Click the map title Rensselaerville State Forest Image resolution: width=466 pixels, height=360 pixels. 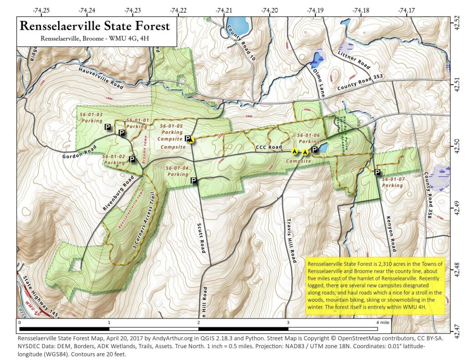(x=94, y=26)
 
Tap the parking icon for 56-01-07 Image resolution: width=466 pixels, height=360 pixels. (x=377, y=172)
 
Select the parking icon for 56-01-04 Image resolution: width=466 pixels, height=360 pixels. (x=193, y=181)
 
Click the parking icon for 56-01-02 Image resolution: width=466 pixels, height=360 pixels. (x=132, y=159)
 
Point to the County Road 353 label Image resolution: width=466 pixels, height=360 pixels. (x=359, y=82)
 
